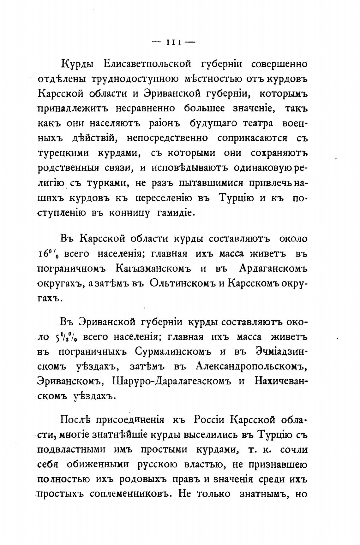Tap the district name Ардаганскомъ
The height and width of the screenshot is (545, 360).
click(x=273, y=269)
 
